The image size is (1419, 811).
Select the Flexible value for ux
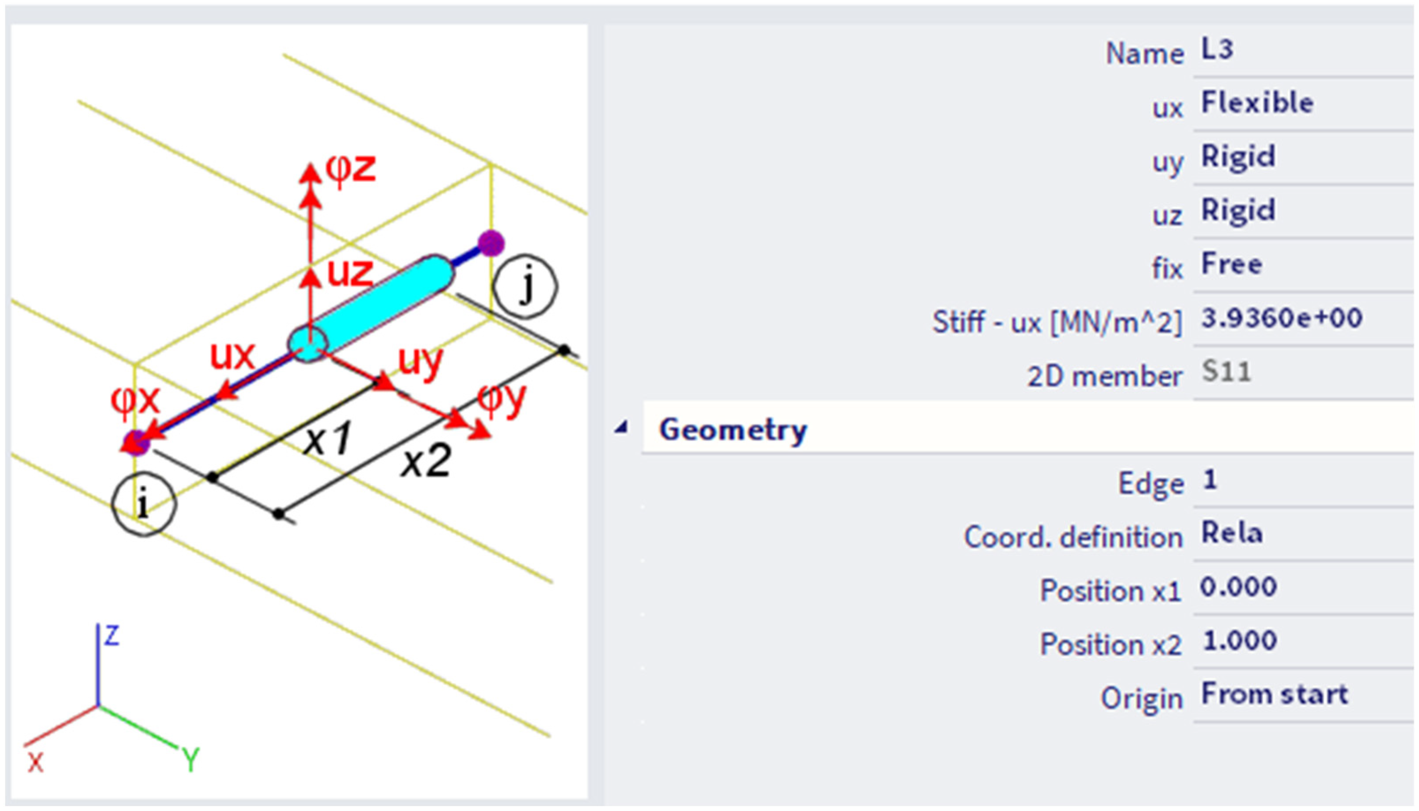(1257, 103)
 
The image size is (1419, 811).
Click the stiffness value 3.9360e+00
(1282, 319)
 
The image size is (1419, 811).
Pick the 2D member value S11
(1226, 372)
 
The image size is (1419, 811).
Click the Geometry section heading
(733, 430)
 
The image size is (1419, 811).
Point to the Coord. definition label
(1073, 537)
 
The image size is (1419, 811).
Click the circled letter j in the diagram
(525, 286)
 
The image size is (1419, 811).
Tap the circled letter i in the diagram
(144, 504)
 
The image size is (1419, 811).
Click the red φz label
(351, 169)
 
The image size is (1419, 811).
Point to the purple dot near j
(491, 244)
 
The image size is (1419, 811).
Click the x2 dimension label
(426, 462)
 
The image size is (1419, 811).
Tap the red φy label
(501, 400)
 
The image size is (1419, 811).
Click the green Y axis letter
(191, 759)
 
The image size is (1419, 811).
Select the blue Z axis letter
(112, 635)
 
